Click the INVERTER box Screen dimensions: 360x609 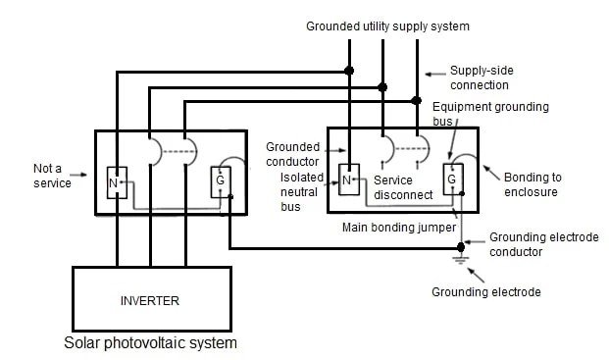tap(151, 299)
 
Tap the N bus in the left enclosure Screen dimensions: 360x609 tap(114, 182)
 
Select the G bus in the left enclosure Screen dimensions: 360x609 tap(219, 181)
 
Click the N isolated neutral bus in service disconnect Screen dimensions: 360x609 tap(346, 180)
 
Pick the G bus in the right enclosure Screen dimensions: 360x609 tap(451, 180)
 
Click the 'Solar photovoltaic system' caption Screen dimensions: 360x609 tap(150, 343)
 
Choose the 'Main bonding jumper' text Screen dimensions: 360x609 tap(398, 227)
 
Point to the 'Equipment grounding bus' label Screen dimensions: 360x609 tap(490, 114)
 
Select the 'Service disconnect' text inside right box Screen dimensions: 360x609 tap(403, 187)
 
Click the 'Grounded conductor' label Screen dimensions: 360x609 tap(292, 154)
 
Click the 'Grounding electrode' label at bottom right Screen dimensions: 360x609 tap(486, 292)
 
